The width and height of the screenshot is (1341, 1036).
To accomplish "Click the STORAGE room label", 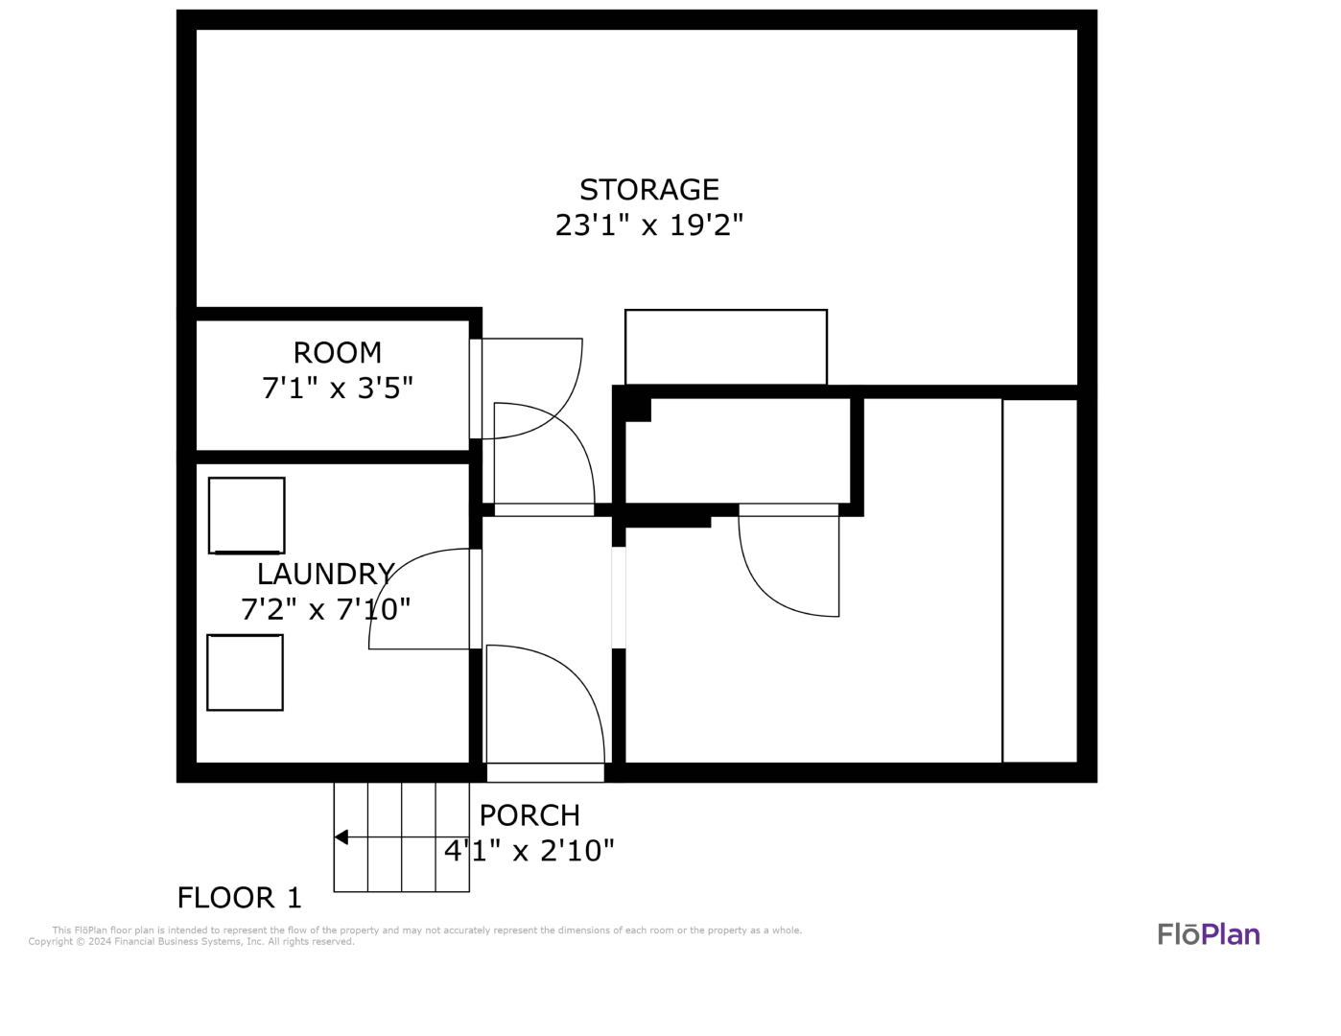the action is click(648, 189).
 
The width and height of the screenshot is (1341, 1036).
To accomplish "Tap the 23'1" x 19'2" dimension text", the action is click(648, 225).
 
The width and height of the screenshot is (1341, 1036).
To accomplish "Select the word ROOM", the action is click(337, 353).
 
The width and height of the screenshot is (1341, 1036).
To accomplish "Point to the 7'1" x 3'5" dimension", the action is click(337, 388).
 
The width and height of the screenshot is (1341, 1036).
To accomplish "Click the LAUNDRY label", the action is click(325, 574).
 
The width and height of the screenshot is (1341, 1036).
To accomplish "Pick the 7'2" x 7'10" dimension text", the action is click(325, 610).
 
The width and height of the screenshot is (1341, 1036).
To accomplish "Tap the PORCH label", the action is click(529, 815).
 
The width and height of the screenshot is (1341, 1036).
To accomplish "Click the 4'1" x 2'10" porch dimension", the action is click(529, 851).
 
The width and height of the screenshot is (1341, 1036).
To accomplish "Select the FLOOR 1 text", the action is click(240, 898).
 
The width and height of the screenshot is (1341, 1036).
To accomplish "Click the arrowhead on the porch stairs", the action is click(341, 837).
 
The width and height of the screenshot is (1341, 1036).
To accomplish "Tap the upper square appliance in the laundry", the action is click(247, 515).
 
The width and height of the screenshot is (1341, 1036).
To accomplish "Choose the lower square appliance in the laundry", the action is click(245, 672).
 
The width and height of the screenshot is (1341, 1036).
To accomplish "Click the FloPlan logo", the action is click(1209, 935).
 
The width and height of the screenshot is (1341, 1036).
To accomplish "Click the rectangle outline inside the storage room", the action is click(726, 347).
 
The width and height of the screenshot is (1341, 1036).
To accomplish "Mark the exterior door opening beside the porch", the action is click(546, 772).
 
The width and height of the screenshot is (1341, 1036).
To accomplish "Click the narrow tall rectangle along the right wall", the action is click(1040, 580).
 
